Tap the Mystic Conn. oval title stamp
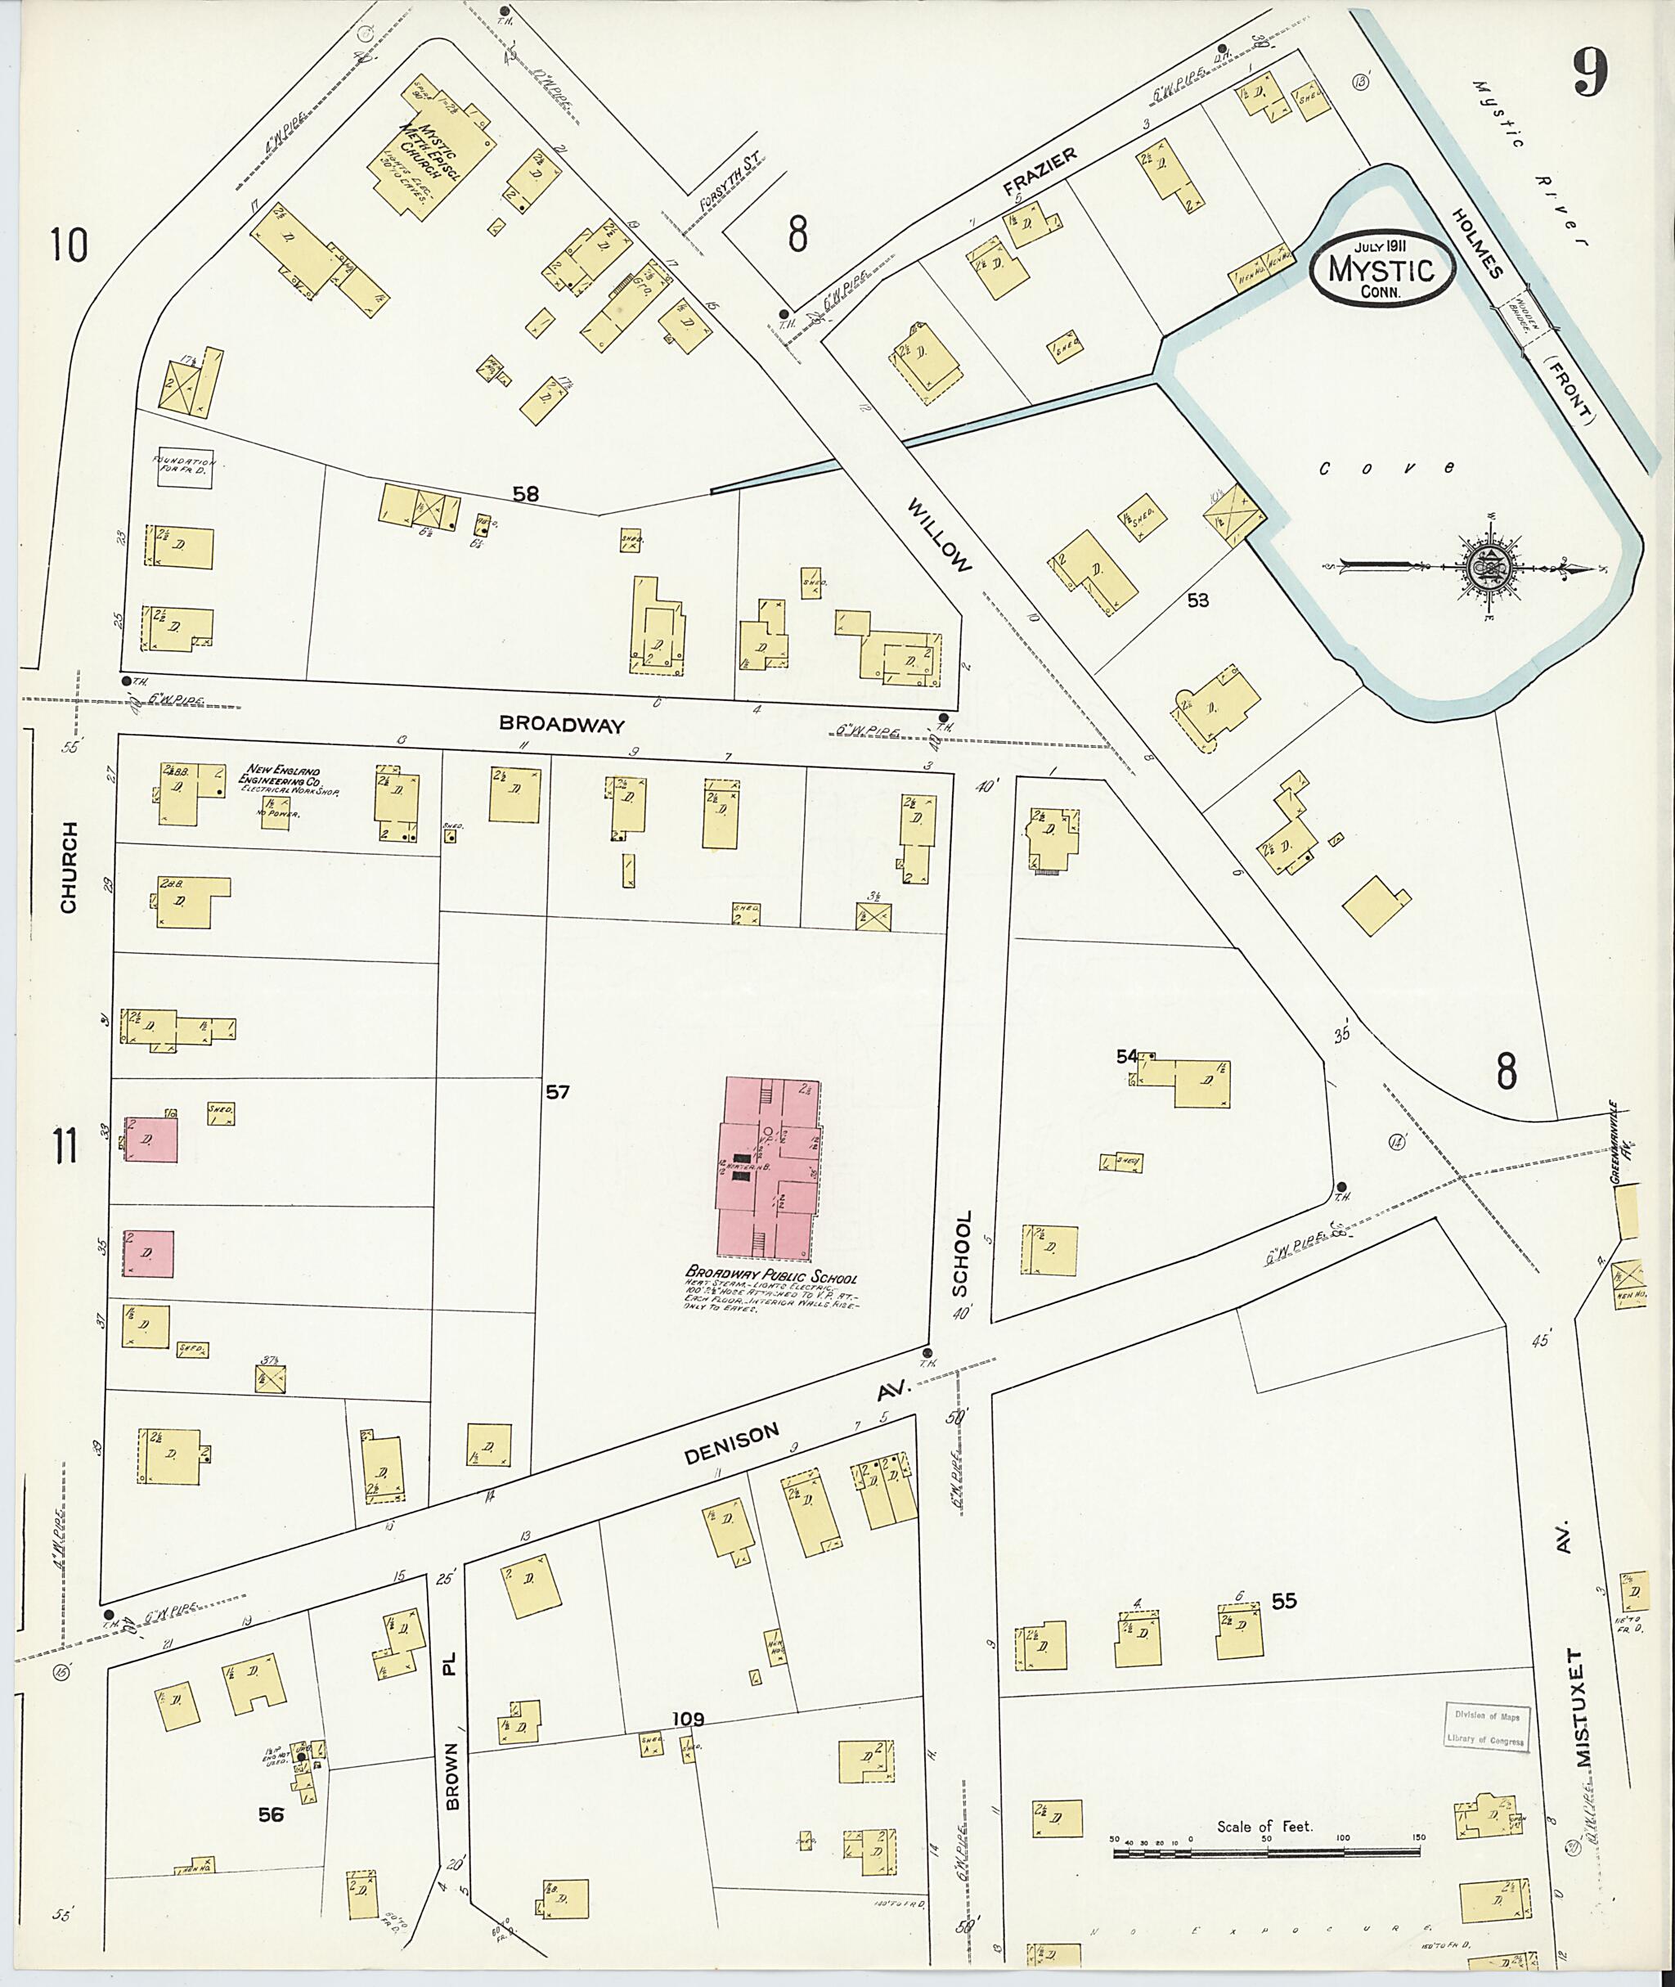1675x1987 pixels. click(1381, 271)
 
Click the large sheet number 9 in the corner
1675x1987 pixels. click(1590, 71)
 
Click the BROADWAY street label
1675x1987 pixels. click(562, 725)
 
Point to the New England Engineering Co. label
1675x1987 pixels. click(284, 778)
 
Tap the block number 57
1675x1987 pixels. click(558, 1092)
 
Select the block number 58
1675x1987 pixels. click(525, 494)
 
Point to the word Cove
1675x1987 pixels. click(1385, 467)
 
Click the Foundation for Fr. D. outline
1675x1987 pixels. click(185, 467)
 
